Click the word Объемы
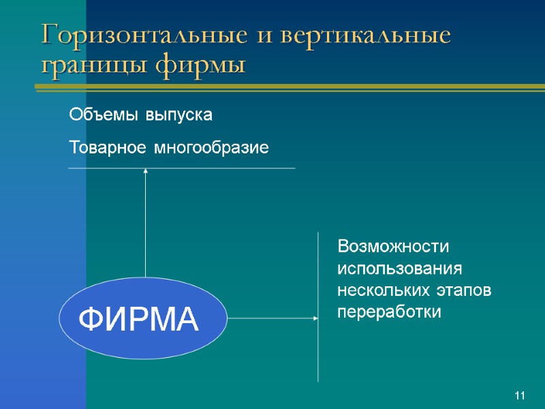click(x=103, y=115)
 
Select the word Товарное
click(x=106, y=147)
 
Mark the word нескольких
click(x=381, y=290)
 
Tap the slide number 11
click(x=520, y=396)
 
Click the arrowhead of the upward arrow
click(x=146, y=172)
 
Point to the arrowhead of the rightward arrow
click(x=315, y=318)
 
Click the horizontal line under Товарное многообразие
click(x=204, y=168)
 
